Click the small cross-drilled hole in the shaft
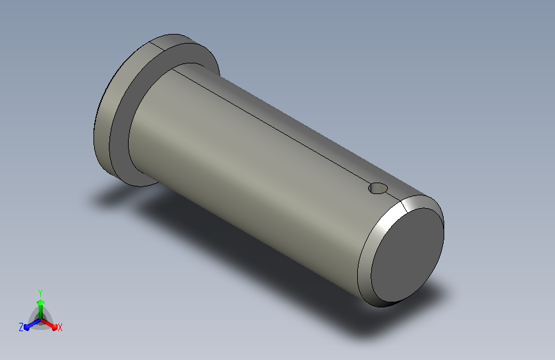coord(378,188)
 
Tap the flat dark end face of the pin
coord(407,255)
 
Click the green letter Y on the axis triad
coord(40,293)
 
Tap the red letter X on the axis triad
coord(60,327)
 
